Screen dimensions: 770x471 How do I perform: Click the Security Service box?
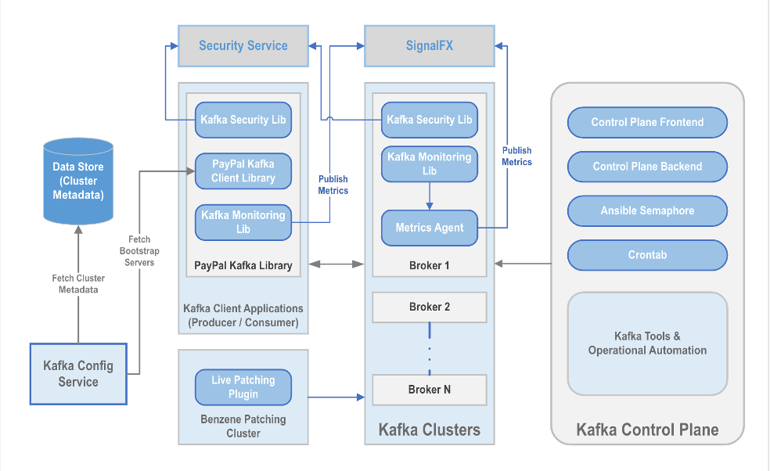243,45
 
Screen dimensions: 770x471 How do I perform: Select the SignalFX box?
429,45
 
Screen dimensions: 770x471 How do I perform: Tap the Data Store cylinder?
78,181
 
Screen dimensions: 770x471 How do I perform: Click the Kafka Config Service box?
78,374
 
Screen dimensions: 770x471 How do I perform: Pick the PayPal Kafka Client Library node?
243,171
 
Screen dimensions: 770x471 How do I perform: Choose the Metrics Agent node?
429,228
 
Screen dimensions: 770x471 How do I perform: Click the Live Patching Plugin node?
243,387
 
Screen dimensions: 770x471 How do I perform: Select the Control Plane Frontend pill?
647,122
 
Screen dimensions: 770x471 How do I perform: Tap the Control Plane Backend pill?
647,167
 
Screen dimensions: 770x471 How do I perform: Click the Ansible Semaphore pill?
647,210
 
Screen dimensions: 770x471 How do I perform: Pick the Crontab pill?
647,255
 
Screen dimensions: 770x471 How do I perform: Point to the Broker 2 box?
429,307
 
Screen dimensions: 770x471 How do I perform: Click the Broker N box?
429,390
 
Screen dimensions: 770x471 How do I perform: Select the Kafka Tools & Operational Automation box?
647,343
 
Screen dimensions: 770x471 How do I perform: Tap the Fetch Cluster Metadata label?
78,284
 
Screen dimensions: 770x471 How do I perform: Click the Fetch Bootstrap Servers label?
139,251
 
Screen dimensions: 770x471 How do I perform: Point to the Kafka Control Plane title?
647,430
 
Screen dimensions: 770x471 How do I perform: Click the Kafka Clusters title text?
429,430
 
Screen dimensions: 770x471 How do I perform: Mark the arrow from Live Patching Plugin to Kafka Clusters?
336,397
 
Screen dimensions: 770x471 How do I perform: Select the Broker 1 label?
429,266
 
